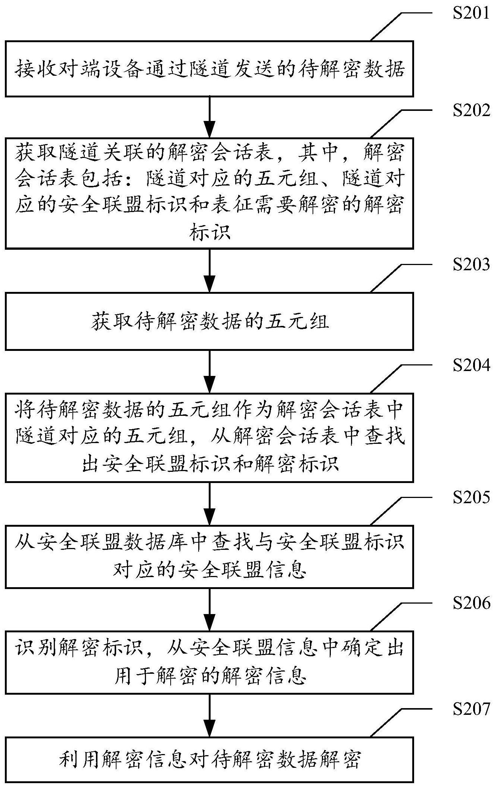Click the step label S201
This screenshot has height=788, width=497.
point(471,14)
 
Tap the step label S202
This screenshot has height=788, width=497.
point(471,110)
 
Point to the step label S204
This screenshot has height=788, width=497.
point(471,365)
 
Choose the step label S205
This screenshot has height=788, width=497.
point(471,498)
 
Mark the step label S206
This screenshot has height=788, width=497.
point(471,603)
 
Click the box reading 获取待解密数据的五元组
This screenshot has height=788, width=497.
point(209,321)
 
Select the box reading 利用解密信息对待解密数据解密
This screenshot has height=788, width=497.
point(209,759)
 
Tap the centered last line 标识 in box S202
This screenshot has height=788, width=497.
point(209,233)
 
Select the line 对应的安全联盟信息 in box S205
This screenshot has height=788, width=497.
point(209,570)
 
